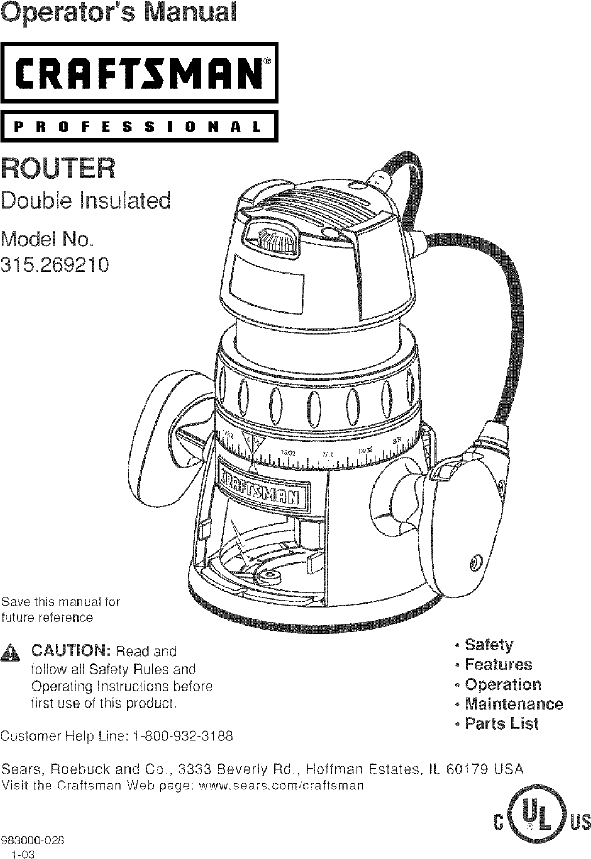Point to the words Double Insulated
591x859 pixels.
point(86,200)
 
